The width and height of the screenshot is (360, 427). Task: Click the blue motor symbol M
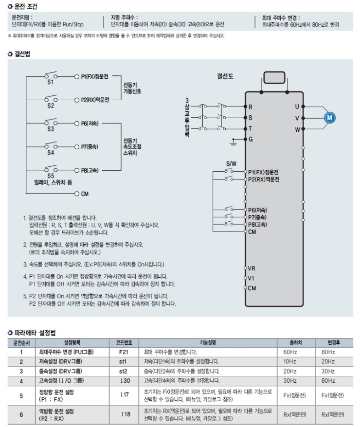coord(329,117)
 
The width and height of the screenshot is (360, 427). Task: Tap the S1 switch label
coord(51,83)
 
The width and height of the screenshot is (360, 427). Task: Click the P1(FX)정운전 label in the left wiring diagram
coord(95,77)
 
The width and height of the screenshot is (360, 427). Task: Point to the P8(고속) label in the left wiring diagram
coord(90,170)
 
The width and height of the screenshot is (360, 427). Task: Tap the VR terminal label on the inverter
coord(252,268)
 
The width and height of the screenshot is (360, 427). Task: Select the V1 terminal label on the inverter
coord(251,278)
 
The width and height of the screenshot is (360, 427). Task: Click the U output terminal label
coord(297,106)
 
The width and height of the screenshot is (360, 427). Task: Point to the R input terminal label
coord(251,107)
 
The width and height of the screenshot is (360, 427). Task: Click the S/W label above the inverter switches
coord(231,164)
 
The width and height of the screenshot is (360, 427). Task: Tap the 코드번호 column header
coord(124,342)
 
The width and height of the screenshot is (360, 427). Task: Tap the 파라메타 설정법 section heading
coord(34,333)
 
